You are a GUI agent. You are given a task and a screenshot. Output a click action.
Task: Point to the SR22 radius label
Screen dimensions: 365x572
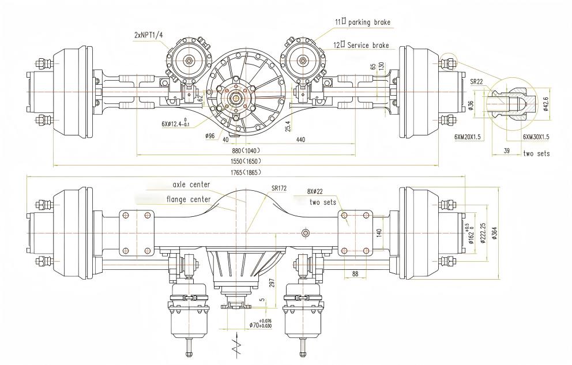[476, 82]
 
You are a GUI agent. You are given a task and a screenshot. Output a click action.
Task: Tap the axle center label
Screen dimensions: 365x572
[191, 185]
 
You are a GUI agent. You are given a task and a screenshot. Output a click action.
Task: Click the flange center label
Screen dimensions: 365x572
[188, 200]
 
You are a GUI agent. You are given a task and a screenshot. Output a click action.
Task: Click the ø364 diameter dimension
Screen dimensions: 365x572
[494, 231]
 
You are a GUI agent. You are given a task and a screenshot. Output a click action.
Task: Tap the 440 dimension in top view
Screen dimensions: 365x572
[301, 140]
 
